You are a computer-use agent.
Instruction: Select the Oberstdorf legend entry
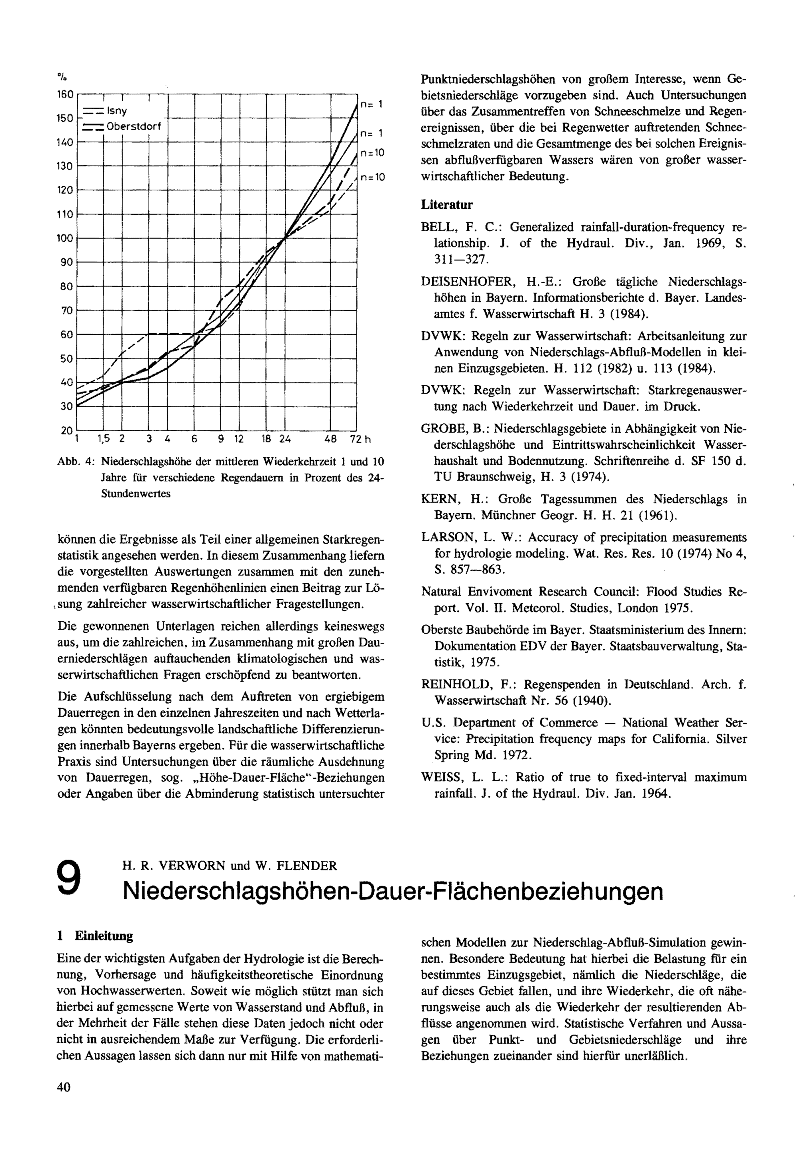coord(133,126)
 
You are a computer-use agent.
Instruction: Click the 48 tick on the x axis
coord(330,440)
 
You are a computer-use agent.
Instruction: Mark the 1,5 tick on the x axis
coord(104,440)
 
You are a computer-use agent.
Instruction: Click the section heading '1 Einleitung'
coord(95,936)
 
